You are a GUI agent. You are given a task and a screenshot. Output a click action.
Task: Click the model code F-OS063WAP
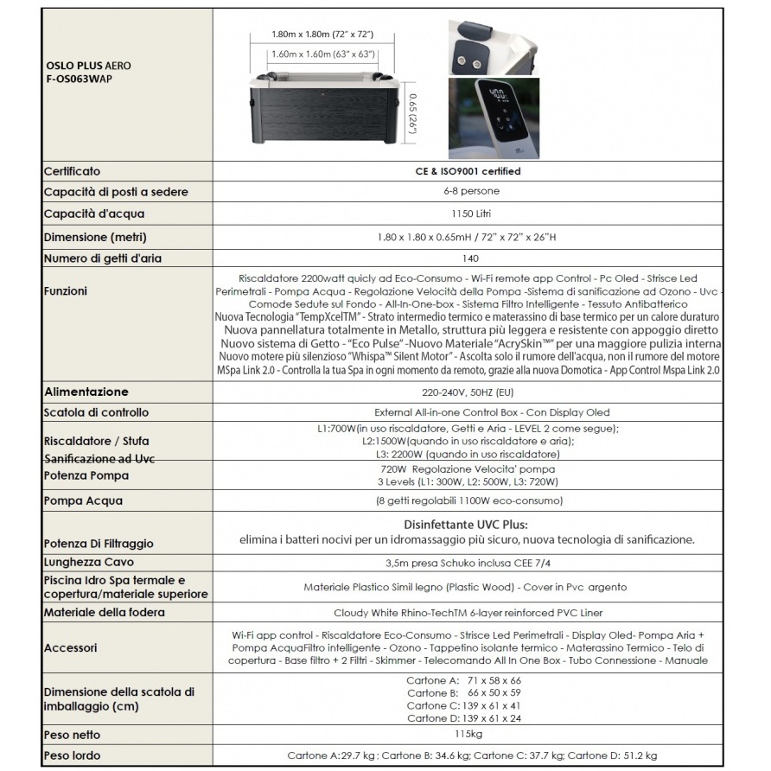(x=79, y=79)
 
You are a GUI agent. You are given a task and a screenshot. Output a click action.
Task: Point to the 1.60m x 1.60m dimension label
(x=322, y=54)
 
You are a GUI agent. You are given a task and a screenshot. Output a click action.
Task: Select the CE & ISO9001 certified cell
(x=468, y=171)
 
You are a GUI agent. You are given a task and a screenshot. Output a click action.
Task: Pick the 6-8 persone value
(x=468, y=191)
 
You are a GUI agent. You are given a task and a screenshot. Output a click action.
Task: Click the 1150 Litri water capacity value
(x=468, y=213)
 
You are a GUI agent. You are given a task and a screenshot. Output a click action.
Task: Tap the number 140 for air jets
(x=468, y=258)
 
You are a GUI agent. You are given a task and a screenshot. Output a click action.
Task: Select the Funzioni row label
(x=66, y=291)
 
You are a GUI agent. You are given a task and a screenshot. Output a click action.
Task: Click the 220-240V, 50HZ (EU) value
(x=468, y=392)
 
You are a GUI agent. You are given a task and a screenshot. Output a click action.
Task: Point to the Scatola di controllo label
(x=96, y=412)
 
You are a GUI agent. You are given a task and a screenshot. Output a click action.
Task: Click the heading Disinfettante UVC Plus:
(x=466, y=525)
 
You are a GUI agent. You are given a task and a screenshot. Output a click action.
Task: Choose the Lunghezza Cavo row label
(x=88, y=562)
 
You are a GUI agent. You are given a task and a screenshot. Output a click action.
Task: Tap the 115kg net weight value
(x=468, y=735)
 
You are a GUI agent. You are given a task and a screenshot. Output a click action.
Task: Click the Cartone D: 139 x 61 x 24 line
(x=464, y=717)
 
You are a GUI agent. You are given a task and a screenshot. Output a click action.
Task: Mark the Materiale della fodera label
(x=104, y=612)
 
